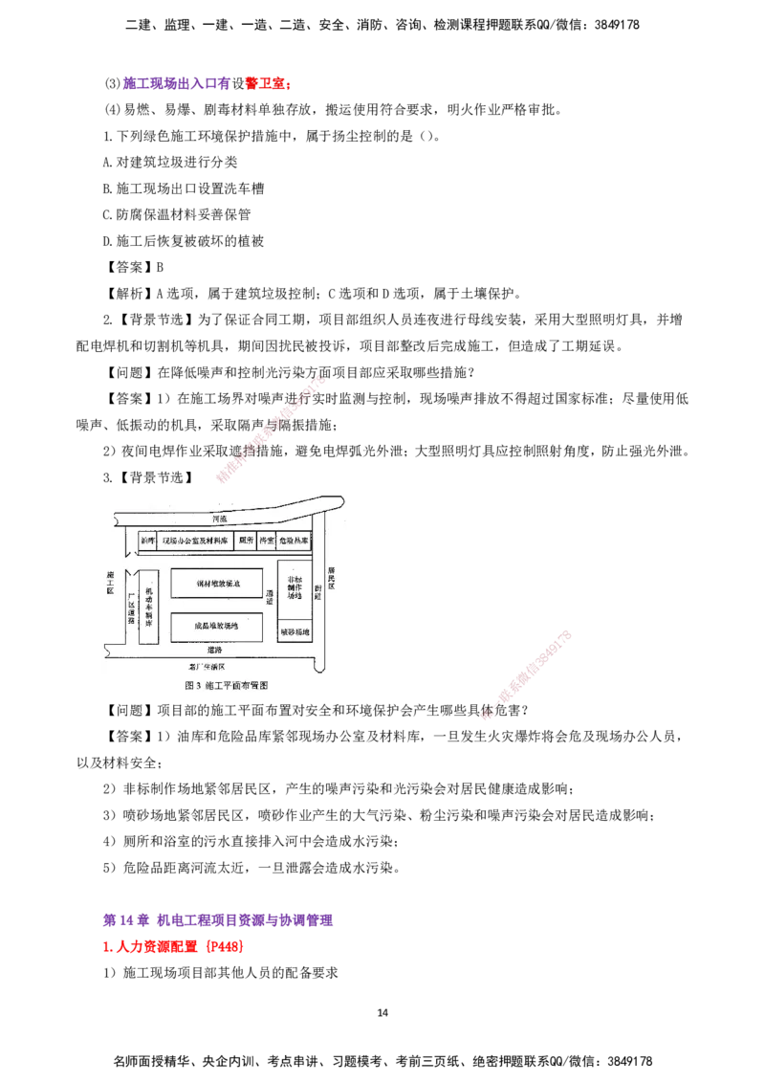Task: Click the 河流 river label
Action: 220,519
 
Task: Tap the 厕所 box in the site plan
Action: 246,541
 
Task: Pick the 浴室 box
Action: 267,541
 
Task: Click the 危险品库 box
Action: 295,541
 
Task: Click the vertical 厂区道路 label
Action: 130,607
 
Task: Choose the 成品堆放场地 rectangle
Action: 216,627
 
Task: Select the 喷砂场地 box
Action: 295,632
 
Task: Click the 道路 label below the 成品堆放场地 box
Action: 217,649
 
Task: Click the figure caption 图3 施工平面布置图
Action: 226,685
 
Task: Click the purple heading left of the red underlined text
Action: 176,83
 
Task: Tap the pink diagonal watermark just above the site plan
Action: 271,430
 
